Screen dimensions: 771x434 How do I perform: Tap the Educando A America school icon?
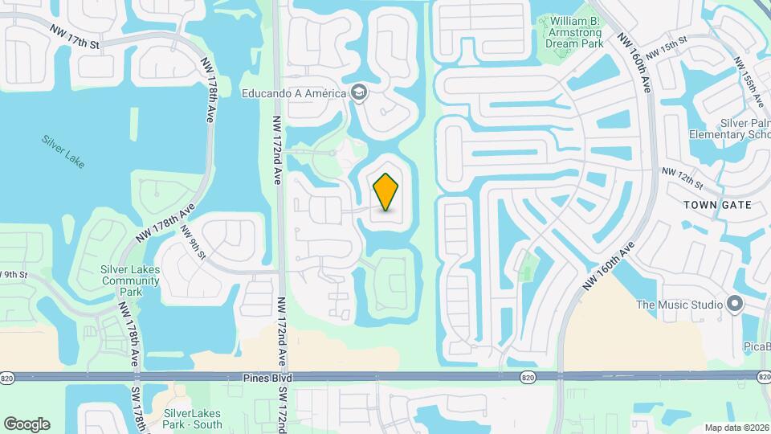(358, 93)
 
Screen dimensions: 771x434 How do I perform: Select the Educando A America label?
(294, 93)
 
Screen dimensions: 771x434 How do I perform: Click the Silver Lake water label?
(62, 150)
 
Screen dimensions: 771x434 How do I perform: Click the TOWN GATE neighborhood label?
(717, 205)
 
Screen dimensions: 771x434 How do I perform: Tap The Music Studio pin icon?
(733, 304)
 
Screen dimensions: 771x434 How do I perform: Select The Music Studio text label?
(679, 305)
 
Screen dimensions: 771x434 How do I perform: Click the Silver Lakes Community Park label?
(130, 280)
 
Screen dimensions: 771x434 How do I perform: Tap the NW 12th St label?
(681, 173)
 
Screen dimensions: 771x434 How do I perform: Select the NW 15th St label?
(666, 47)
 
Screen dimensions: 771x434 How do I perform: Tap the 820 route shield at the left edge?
(8, 377)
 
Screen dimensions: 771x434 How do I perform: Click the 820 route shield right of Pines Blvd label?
(528, 377)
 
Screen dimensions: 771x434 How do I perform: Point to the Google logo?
(27, 424)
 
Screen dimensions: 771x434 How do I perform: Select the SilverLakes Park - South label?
(193, 418)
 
